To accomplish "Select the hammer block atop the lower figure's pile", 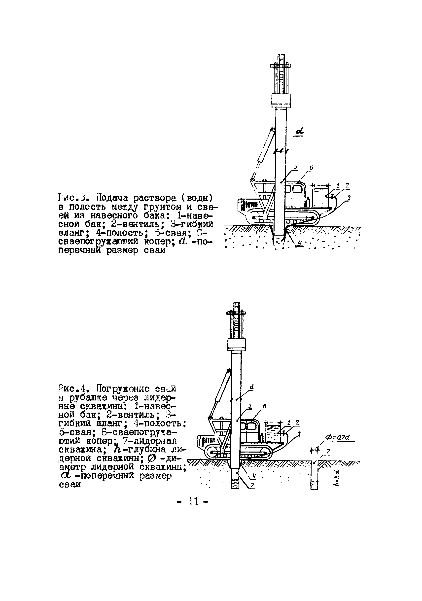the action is point(237,345).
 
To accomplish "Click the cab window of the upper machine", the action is point(294,189).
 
